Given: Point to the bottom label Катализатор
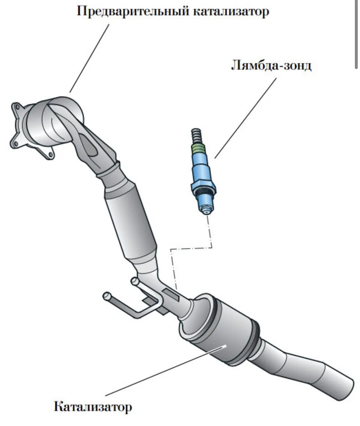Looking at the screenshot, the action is point(93,406).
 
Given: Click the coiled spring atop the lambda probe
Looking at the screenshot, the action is point(196,135).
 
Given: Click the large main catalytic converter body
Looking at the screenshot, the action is point(221,330).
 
